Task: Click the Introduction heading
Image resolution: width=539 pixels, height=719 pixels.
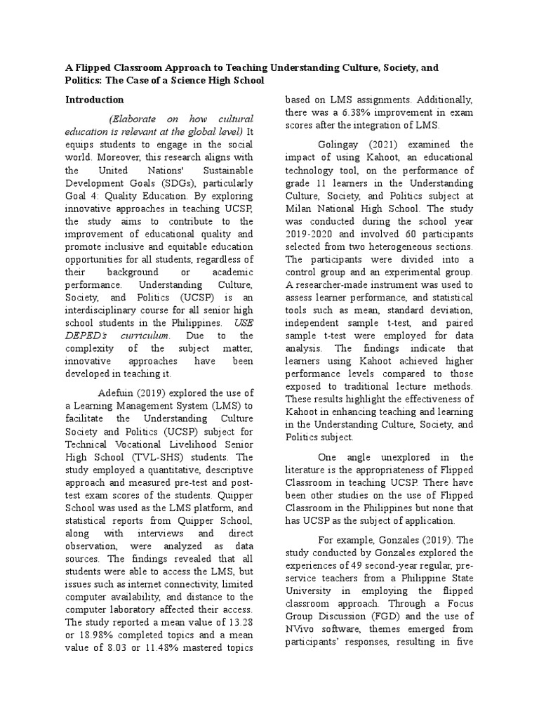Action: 95,100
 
